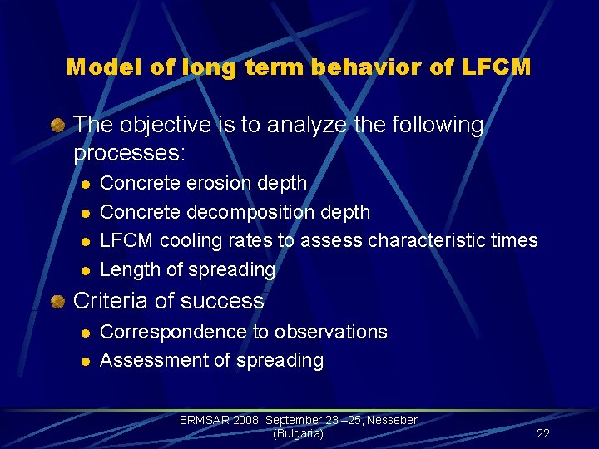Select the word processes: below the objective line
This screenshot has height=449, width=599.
(x=130, y=154)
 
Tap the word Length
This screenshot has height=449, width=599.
(x=126, y=269)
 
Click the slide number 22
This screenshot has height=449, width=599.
(x=543, y=433)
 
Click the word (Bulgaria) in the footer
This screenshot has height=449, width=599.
(x=298, y=433)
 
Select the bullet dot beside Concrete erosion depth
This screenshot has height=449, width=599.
(x=83, y=184)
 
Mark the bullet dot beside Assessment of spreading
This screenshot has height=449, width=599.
(x=83, y=361)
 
